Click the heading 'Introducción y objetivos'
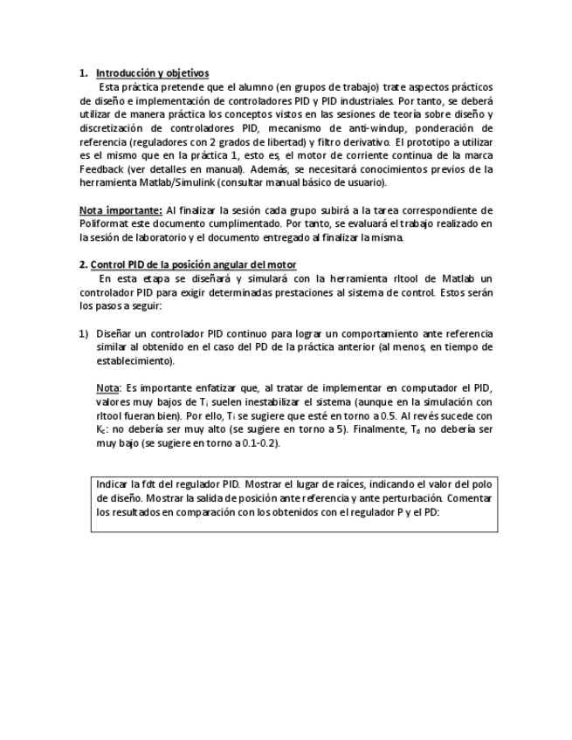click(152, 72)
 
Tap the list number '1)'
click(85, 333)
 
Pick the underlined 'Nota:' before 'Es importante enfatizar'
click(107, 388)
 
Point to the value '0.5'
click(397, 416)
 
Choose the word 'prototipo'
click(426, 141)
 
